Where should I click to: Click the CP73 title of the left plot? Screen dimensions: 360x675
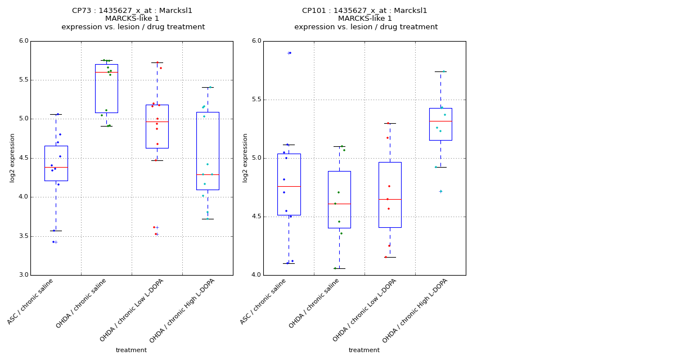pos(132,11)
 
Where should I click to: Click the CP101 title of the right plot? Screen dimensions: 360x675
pos(364,11)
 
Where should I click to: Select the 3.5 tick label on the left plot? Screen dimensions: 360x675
pos(22,236)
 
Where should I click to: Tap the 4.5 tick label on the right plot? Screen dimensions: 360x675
pos(255,217)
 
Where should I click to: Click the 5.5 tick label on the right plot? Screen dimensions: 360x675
pos(255,100)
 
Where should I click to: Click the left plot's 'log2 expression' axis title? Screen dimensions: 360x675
pos(12,157)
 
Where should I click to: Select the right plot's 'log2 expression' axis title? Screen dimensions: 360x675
pos(245,157)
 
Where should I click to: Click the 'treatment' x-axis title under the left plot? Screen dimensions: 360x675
pos(131,350)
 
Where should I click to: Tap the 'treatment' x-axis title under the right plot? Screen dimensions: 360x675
pos(364,350)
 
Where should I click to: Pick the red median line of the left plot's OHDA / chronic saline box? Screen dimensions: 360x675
pos(106,72)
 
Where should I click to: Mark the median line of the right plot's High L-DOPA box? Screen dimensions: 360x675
pos(440,121)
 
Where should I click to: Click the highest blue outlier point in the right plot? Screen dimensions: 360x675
pos(290,53)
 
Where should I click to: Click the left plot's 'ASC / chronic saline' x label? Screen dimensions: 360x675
pos(31,301)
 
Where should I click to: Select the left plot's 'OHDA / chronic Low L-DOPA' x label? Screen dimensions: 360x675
pos(132,309)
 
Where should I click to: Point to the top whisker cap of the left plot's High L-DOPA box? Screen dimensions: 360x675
pos(208,87)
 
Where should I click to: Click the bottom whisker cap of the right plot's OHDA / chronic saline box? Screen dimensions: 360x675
pos(339,268)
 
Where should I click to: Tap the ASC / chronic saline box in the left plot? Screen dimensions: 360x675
pos(56,163)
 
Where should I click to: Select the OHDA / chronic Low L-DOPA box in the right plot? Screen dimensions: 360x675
pos(390,195)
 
